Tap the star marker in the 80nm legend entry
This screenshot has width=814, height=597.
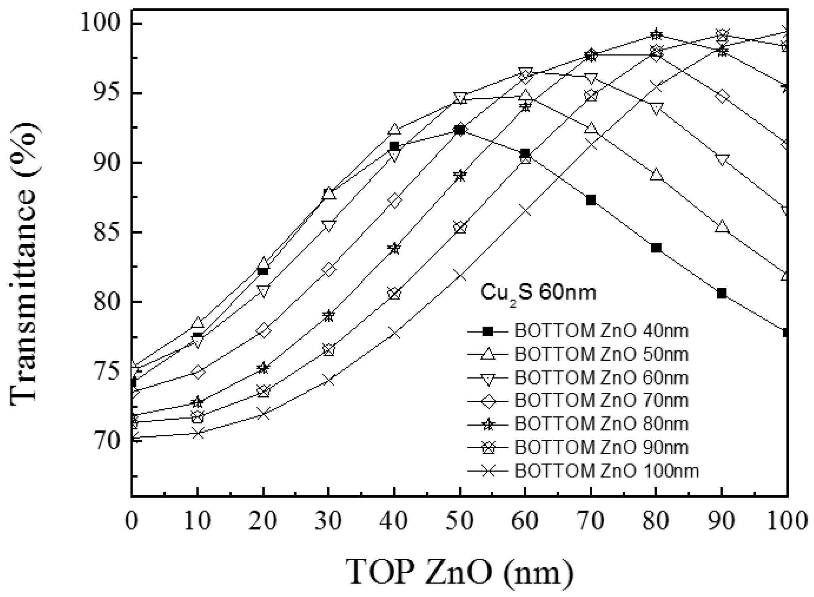489,424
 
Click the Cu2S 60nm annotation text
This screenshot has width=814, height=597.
538,293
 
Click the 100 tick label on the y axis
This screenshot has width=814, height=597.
101,24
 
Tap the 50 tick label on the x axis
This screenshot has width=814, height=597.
459,522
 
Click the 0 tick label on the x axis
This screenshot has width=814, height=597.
131,522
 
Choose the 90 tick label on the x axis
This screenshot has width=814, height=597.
722,522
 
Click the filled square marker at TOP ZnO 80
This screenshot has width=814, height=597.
656,248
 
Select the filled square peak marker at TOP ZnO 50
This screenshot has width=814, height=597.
460,130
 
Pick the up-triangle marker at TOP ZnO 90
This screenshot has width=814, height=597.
722,227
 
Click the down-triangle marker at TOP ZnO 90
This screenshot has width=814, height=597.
722,160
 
